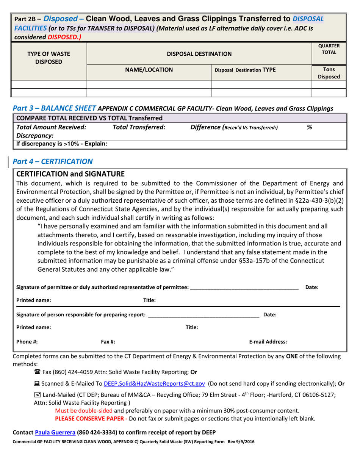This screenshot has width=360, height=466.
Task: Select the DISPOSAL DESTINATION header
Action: click(199, 54)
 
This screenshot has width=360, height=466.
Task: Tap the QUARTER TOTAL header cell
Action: click(328, 49)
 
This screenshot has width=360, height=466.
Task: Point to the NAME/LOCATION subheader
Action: click(149, 70)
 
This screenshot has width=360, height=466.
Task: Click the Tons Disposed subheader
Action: click(328, 73)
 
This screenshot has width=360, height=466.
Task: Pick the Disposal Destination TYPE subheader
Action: click(245, 70)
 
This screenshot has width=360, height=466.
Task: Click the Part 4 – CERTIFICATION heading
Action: click(53, 161)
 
